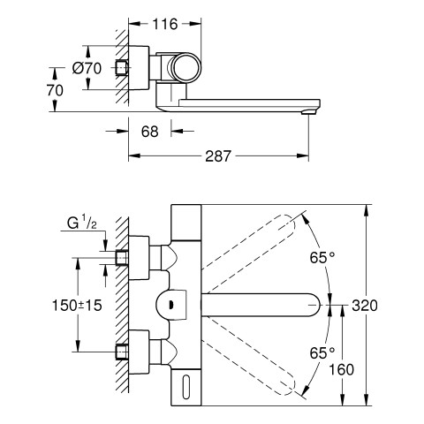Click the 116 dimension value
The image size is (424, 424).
tap(165, 24)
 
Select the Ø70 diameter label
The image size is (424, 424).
tap(87, 68)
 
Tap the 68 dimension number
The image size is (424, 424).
tap(149, 132)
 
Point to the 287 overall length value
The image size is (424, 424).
tap(218, 155)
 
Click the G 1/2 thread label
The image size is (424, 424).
tap(81, 223)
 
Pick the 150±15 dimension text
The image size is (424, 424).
tap(77, 305)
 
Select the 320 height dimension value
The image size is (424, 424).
tap(365, 306)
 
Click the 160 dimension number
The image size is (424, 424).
tap(341, 369)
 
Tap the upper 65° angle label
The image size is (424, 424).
tap(322, 258)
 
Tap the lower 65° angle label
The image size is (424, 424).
tap(322, 352)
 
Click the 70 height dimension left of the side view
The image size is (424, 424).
tap(55, 90)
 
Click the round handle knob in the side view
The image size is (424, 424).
tap(185, 68)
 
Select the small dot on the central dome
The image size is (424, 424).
tap(170, 302)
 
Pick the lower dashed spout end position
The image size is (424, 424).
tap(285, 384)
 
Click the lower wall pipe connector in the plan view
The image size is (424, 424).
tap(122, 352)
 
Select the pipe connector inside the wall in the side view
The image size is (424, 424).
tap(122, 68)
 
